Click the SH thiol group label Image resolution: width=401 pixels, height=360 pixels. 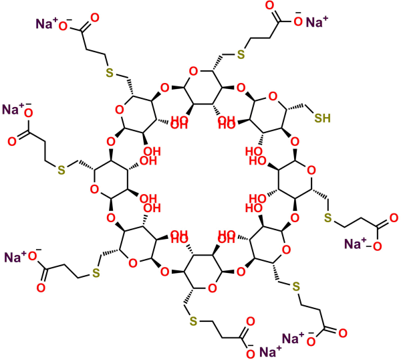(x=323, y=118)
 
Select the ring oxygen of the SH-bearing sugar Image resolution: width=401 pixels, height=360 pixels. (x=273, y=96)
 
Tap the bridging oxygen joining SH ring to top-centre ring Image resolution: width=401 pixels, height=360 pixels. (x=241, y=88)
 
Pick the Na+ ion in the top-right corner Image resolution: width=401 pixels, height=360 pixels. (x=317, y=22)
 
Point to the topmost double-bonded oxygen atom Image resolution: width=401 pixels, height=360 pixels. (x=269, y=5)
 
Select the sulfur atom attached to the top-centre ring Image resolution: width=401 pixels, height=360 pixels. (x=241, y=54)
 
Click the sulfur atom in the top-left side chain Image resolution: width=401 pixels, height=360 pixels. (x=109, y=73)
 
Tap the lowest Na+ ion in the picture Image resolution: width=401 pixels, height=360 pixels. (x=270, y=351)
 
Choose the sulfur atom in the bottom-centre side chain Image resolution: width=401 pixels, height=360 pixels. (x=193, y=321)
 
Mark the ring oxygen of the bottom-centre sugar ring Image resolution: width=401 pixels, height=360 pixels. (x=212, y=288)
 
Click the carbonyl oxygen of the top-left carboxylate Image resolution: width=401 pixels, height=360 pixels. (x=95, y=18)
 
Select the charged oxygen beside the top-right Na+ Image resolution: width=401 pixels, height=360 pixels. (x=298, y=21)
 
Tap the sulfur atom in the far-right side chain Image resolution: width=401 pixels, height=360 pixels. (x=327, y=218)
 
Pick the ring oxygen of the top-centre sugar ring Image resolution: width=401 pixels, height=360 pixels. (x=194, y=71)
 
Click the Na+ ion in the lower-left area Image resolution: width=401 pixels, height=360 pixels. (x=15, y=257)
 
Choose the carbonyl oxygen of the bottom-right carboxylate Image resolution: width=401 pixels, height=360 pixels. (x=343, y=333)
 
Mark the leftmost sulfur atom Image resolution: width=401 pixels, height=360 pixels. (x=61, y=170)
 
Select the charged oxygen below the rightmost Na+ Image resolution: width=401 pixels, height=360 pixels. (x=377, y=246)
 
